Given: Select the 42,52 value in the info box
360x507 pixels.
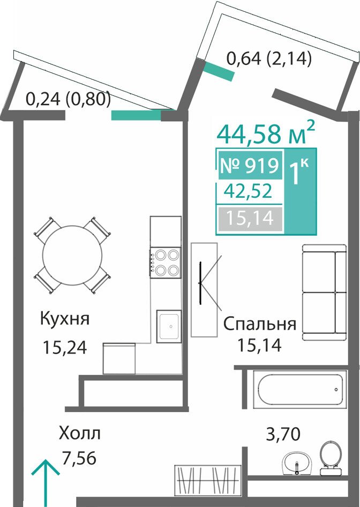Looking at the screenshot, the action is tap(248, 191).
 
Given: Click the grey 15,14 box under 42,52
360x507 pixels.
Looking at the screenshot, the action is tap(250, 219).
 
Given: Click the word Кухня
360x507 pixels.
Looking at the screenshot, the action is tap(65, 319).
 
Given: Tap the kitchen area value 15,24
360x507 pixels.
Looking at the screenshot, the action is tap(65, 348).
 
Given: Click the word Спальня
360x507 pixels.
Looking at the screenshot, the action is tap(260, 324).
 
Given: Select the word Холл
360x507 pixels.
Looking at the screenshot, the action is tap(79, 433).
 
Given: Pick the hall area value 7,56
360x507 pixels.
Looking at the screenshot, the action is tap(79, 458).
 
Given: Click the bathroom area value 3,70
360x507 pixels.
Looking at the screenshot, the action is tap(283, 434).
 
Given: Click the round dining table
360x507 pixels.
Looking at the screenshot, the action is tap(72, 256).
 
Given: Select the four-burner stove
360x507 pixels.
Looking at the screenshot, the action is tap(165, 262).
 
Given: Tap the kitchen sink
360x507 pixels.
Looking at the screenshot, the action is tap(169, 326).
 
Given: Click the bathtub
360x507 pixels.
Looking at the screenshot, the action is tap(300, 389).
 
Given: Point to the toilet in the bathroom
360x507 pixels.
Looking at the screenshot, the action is tap(331, 458).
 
